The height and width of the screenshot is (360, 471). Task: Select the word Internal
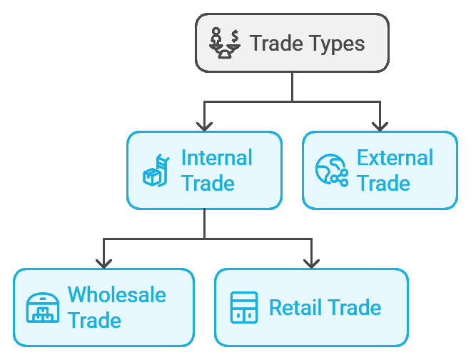(217, 157)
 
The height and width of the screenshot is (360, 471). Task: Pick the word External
(395, 157)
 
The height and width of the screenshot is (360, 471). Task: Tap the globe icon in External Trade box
(331, 171)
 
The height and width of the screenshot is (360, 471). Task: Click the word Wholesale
(116, 294)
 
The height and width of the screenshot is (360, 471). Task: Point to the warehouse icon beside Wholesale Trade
(42, 308)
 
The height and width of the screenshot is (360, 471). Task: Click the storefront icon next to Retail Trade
(244, 308)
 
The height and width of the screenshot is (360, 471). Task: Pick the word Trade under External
(383, 183)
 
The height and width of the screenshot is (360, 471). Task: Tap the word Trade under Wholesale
(94, 320)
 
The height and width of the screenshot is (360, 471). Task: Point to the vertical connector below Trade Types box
(293, 86)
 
